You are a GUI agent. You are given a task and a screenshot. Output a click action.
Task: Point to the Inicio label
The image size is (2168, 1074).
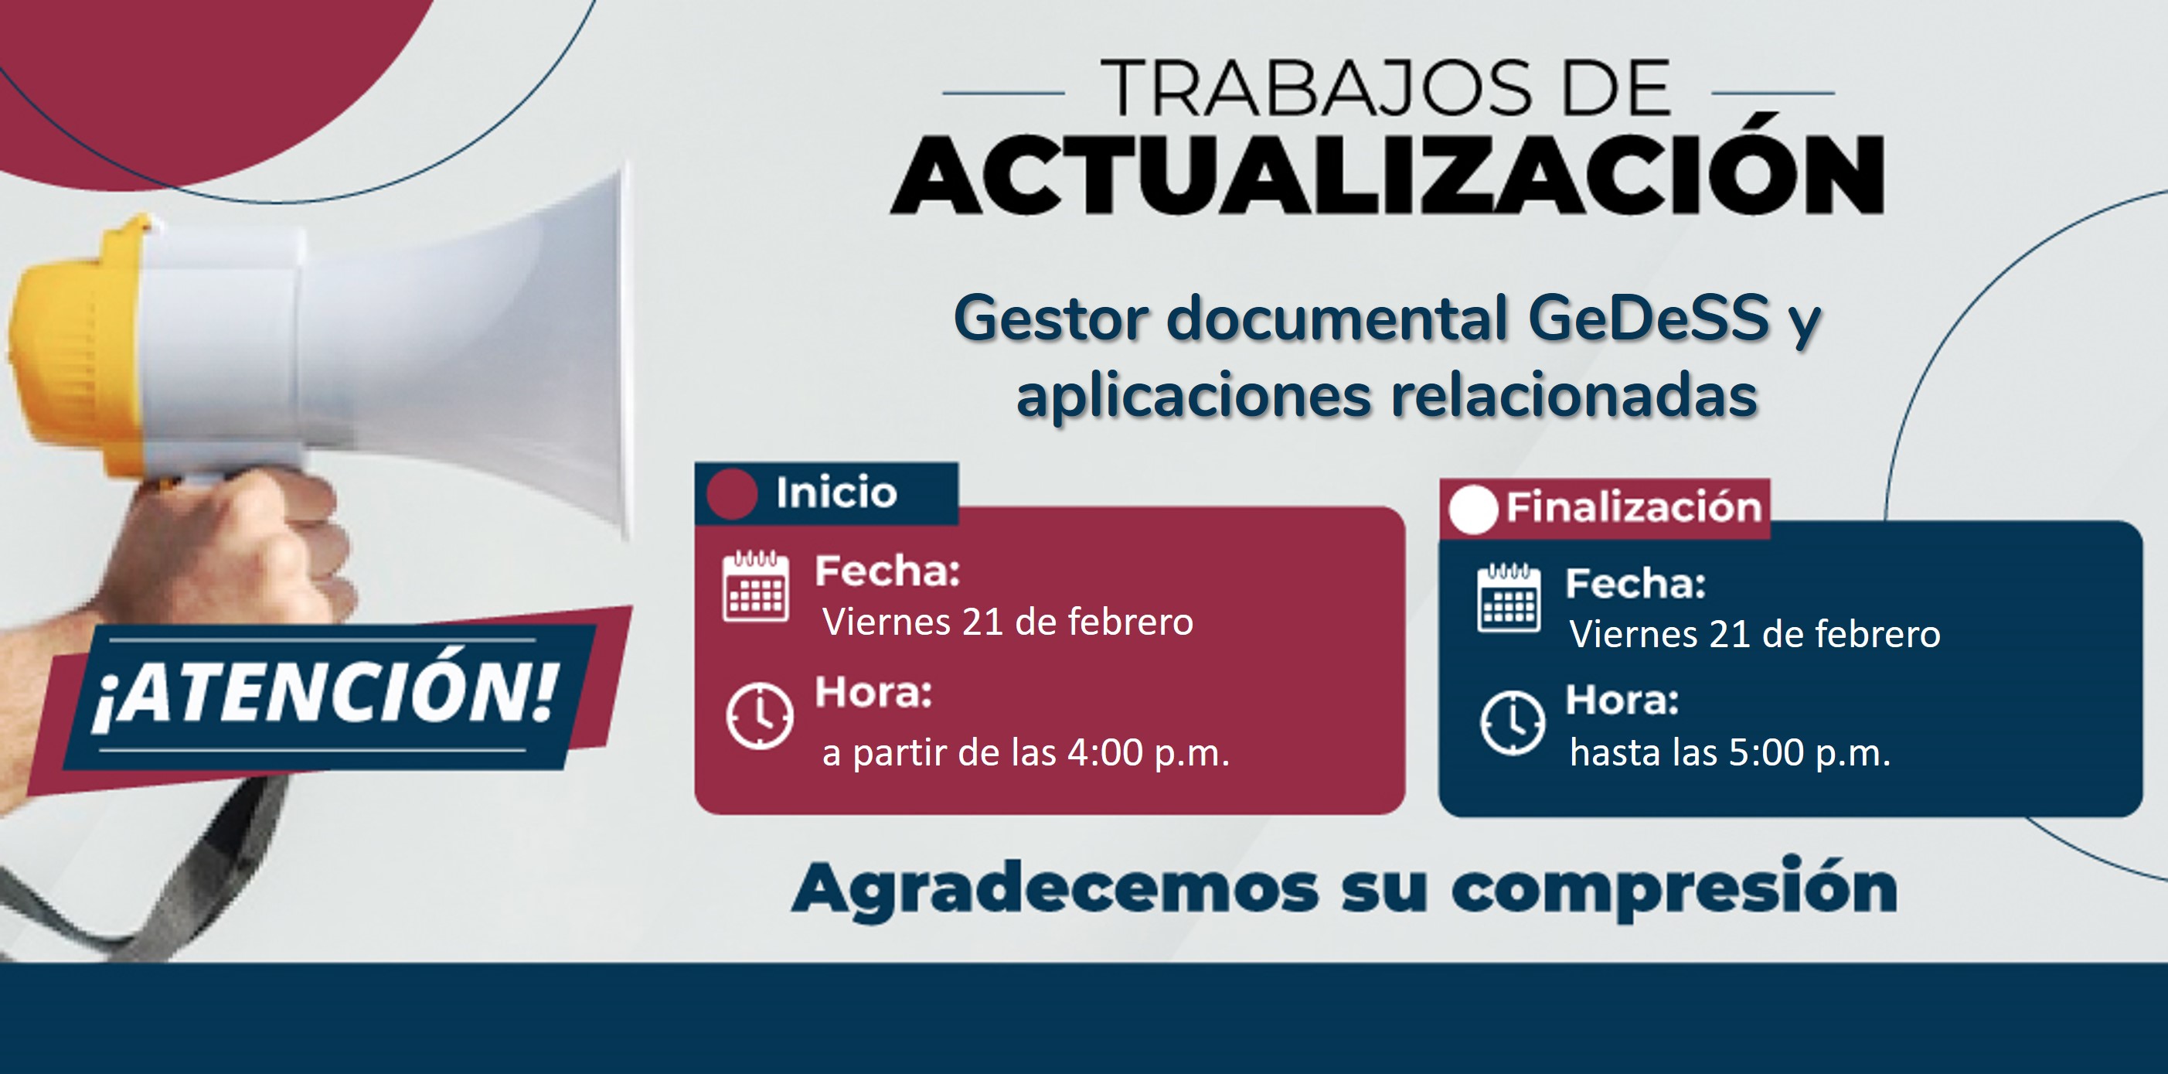(836, 493)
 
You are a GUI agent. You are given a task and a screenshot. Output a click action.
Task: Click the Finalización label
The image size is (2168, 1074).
(1635, 507)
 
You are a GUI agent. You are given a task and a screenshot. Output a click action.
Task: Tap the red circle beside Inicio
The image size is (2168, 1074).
(732, 493)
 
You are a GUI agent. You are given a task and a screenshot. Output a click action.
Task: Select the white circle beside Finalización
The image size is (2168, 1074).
(1473, 510)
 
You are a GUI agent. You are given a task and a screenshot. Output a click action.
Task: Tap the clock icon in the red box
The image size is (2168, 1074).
(759, 716)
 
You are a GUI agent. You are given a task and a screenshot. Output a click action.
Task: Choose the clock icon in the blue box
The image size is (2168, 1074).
(1513, 723)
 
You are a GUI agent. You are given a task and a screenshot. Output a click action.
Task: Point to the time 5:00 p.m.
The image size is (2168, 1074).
(1809, 752)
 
